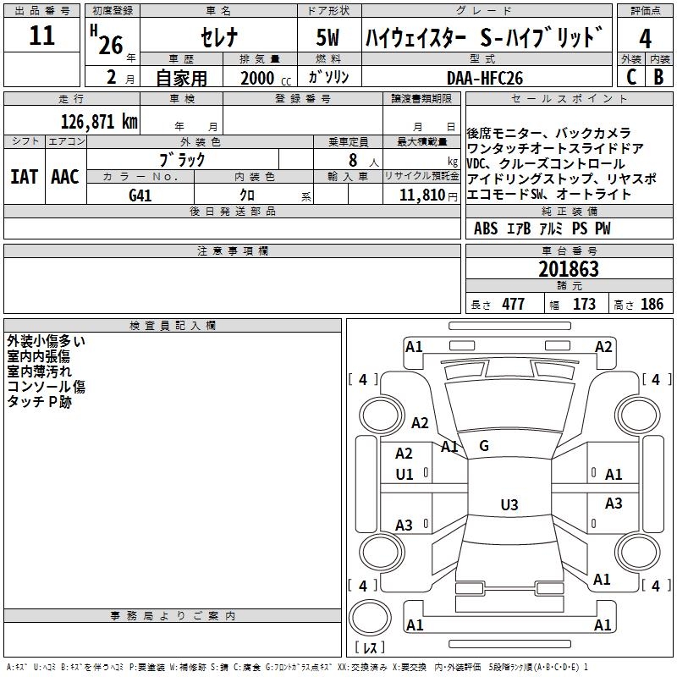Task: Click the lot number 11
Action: pyautogui.click(x=41, y=36)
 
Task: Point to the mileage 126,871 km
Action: pyautogui.click(x=98, y=121)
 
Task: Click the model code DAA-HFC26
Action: pyautogui.click(x=485, y=77)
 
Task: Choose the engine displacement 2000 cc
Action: pyautogui.click(x=263, y=78)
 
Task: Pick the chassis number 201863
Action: pyautogui.click(x=569, y=270)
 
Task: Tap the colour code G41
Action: pyautogui.click(x=140, y=195)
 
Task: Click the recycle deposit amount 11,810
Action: pyautogui.click(x=421, y=195)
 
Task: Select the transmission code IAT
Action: pyautogui.click(x=24, y=177)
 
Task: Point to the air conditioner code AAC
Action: pyautogui.click(x=64, y=177)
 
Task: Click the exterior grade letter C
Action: pyautogui.click(x=630, y=77)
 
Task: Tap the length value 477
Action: pyautogui.click(x=513, y=304)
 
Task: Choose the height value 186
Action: pyautogui.click(x=652, y=304)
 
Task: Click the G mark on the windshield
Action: pyautogui.click(x=484, y=445)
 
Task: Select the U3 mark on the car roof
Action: pyautogui.click(x=509, y=505)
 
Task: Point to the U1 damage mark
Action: pyautogui.click(x=405, y=475)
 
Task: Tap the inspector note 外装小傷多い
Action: pyautogui.click(x=47, y=341)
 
